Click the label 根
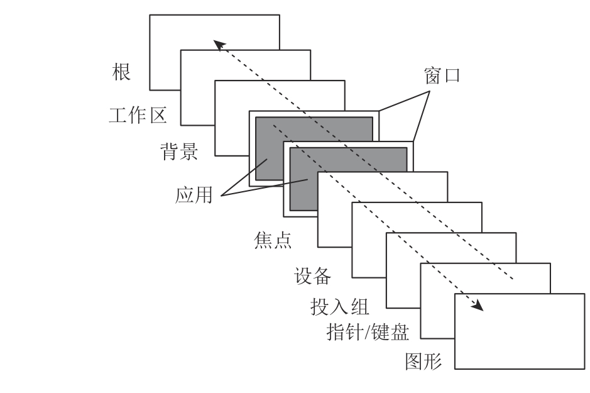(x=121, y=72)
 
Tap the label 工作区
(x=138, y=115)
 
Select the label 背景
(x=179, y=152)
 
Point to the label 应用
(x=194, y=195)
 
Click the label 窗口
(x=442, y=75)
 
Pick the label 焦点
(x=273, y=240)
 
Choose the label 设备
(x=312, y=276)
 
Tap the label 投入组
(x=340, y=306)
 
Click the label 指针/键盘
(x=368, y=332)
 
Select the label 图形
(x=423, y=362)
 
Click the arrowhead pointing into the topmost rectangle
(x=219, y=45)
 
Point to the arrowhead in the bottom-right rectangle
(x=478, y=306)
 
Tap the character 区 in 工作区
(x=158, y=115)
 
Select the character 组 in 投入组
(x=360, y=306)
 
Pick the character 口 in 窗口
(x=452, y=75)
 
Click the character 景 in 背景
(x=189, y=152)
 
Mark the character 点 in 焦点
(x=283, y=240)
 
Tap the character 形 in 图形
(x=434, y=362)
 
